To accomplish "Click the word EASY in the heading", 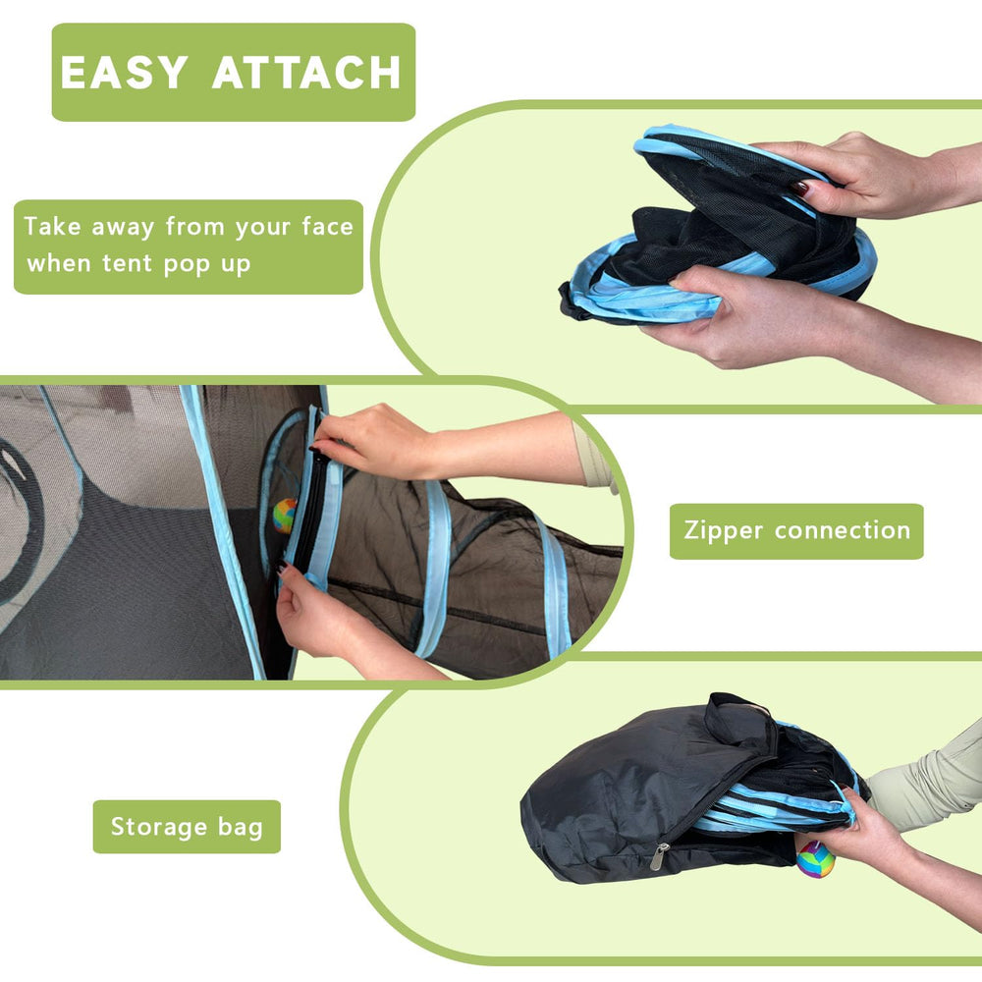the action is pyautogui.click(x=124, y=72).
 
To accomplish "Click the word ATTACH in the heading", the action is pyautogui.click(x=306, y=72).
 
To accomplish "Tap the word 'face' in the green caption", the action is pyautogui.click(x=328, y=226).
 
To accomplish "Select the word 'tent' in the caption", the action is pyautogui.click(x=127, y=263).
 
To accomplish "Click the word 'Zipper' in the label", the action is pyautogui.click(x=724, y=531).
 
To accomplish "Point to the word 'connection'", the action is pyautogui.click(x=843, y=530).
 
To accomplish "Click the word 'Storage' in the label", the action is pyautogui.click(x=158, y=827).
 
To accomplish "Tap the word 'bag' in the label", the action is pyautogui.click(x=241, y=828).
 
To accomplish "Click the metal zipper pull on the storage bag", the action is pyautogui.click(x=659, y=856).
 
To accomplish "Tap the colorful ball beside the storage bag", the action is pyautogui.click(x=815, y=859).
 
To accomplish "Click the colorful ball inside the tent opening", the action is pyautogui.click(x=285, y=516).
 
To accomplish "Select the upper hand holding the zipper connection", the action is pyautogui.click(x=376, y=441).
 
